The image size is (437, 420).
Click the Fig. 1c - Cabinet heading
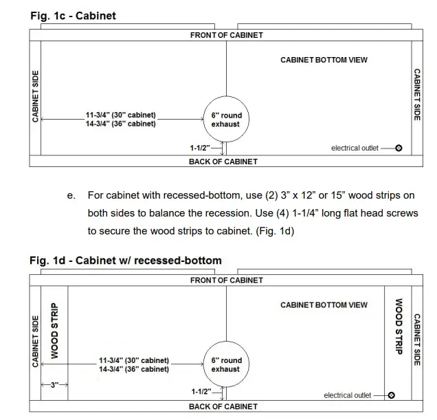(72, 16)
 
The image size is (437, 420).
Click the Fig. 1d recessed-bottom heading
(125, 261)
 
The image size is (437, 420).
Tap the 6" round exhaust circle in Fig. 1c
(226, 120)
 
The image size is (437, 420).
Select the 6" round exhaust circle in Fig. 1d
(225, 364)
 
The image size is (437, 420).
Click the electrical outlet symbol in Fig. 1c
(399, 148)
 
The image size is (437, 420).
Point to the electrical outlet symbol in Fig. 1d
(391, 395)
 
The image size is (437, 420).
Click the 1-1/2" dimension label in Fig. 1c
(205, 147)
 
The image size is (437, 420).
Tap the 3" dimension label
(53, 385)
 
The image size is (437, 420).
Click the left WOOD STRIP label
(55, 331)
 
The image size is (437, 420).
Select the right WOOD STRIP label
(396, 326)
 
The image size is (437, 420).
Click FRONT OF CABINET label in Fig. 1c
(227, 35)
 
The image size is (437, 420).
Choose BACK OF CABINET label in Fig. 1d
(223, 406)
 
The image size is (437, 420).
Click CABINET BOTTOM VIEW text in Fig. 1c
(324, 60)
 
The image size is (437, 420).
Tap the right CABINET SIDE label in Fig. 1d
(416, 340)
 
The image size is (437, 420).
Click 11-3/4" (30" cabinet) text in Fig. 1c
(121, 115)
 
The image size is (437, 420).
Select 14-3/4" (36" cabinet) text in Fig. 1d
(134, 369)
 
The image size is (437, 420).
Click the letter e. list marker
(71, 196)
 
